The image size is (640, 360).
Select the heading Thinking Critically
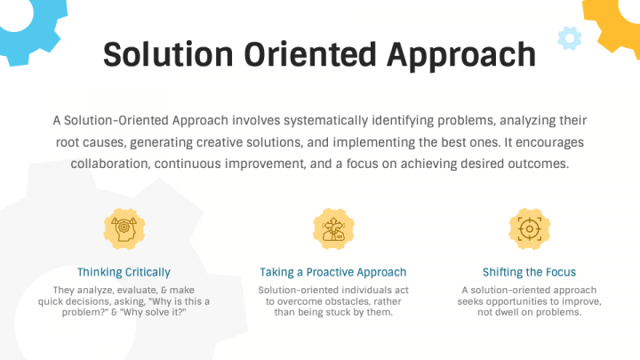pos(124,272)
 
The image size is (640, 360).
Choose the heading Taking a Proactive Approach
pos(332,272)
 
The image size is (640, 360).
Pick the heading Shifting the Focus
pos(529,272)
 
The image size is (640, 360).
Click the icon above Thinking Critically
pos(124,228)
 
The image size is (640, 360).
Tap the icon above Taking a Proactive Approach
pos(332,228)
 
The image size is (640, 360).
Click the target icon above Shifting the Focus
pos(529,228)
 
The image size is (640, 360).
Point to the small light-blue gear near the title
pos(569,37)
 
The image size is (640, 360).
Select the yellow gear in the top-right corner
pos(618,22)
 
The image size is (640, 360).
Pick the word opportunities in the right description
pos(518,301)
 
